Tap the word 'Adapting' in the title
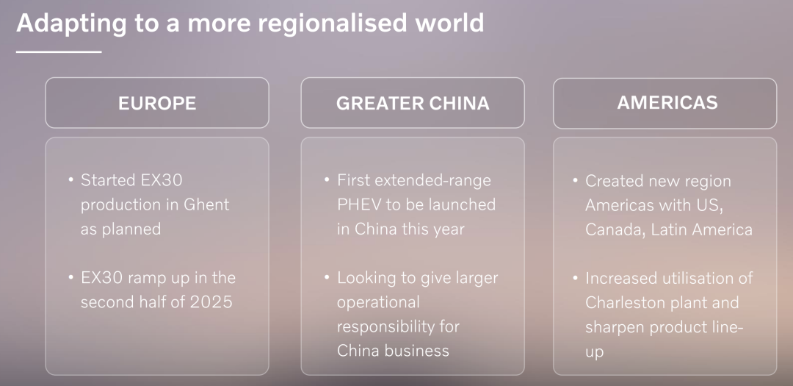point(71,24)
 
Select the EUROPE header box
point(157,103)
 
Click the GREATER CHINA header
point(413,103)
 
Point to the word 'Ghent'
point(206,204)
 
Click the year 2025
point(211,302)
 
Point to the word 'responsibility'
point(391,326)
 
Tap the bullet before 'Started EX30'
point(70,179)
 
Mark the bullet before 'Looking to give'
point(327,277)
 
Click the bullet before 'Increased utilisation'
point(575,278)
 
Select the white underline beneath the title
point(59,51)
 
